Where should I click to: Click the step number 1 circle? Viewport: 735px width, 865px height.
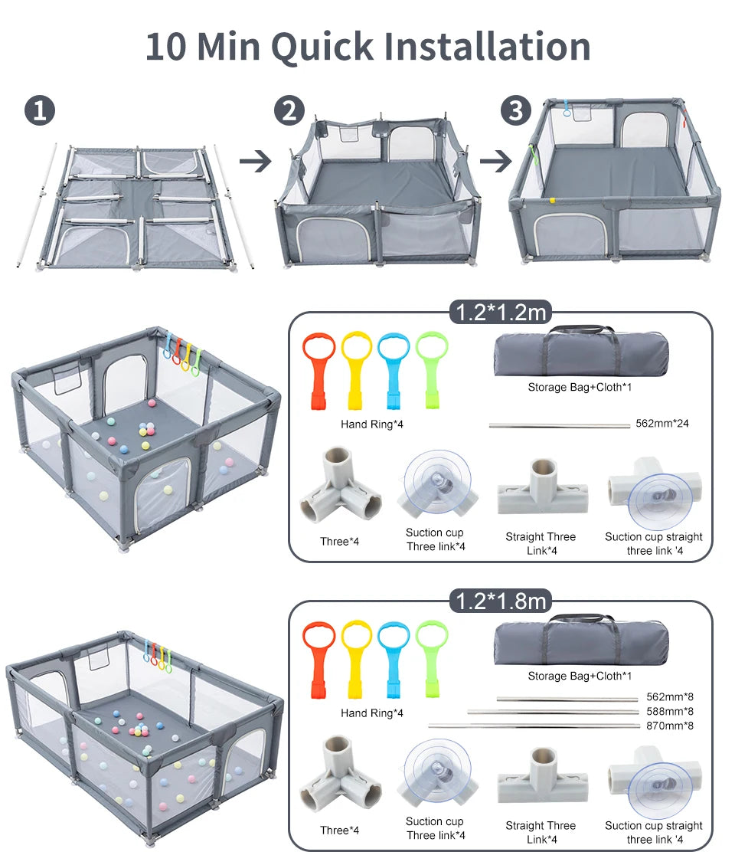40,111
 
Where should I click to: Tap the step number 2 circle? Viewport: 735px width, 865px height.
289,111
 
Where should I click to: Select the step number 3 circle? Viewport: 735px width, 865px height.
516,111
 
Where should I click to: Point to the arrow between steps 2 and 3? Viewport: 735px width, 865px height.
495,162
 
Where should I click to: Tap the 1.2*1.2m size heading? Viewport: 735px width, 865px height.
501,313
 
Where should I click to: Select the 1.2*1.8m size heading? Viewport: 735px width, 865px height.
501,601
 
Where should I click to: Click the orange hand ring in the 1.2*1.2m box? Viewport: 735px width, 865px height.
318,369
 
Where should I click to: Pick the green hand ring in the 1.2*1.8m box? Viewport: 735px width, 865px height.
433,657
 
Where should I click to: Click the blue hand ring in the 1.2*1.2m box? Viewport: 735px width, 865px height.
395,369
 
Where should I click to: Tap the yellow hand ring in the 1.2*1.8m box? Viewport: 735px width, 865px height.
357,657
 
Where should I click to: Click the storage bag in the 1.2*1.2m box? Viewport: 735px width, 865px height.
581,352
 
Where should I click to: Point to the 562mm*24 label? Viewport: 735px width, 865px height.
661,423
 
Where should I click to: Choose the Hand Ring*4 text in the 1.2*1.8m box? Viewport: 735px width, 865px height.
371,713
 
